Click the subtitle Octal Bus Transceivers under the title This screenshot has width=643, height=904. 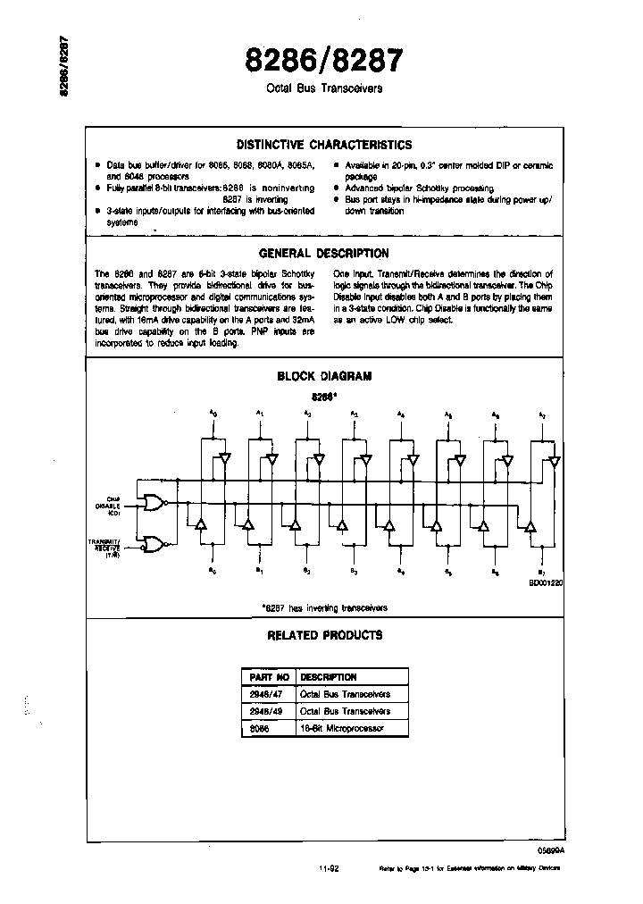[324, 89]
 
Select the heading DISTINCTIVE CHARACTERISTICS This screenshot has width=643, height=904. [323, 145]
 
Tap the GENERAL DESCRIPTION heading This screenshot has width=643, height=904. [323, 254]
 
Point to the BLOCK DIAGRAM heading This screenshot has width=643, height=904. [323, 376]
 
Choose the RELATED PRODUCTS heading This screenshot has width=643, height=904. [324, 635]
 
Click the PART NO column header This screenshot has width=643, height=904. [266, 677]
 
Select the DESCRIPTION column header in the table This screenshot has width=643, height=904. [329, 677]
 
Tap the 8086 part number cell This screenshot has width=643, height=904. [258, 729]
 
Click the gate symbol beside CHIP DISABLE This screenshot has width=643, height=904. [155, 505]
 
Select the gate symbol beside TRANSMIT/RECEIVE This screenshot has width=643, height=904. [155, 544]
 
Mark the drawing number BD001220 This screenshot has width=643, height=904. [545, 582]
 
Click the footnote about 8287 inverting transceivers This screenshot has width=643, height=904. [324, 607]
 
